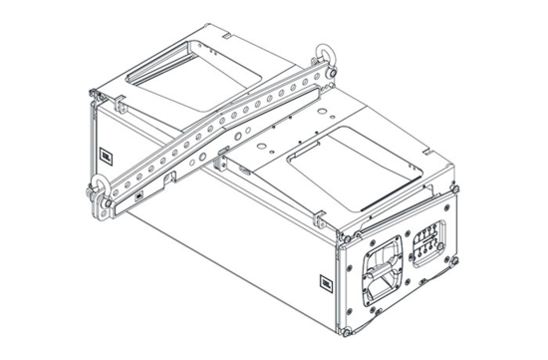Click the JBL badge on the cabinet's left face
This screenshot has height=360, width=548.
(105, 154)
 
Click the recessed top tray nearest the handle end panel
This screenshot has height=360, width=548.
(349, 159)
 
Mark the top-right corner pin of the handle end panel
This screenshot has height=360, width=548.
(456, 184)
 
